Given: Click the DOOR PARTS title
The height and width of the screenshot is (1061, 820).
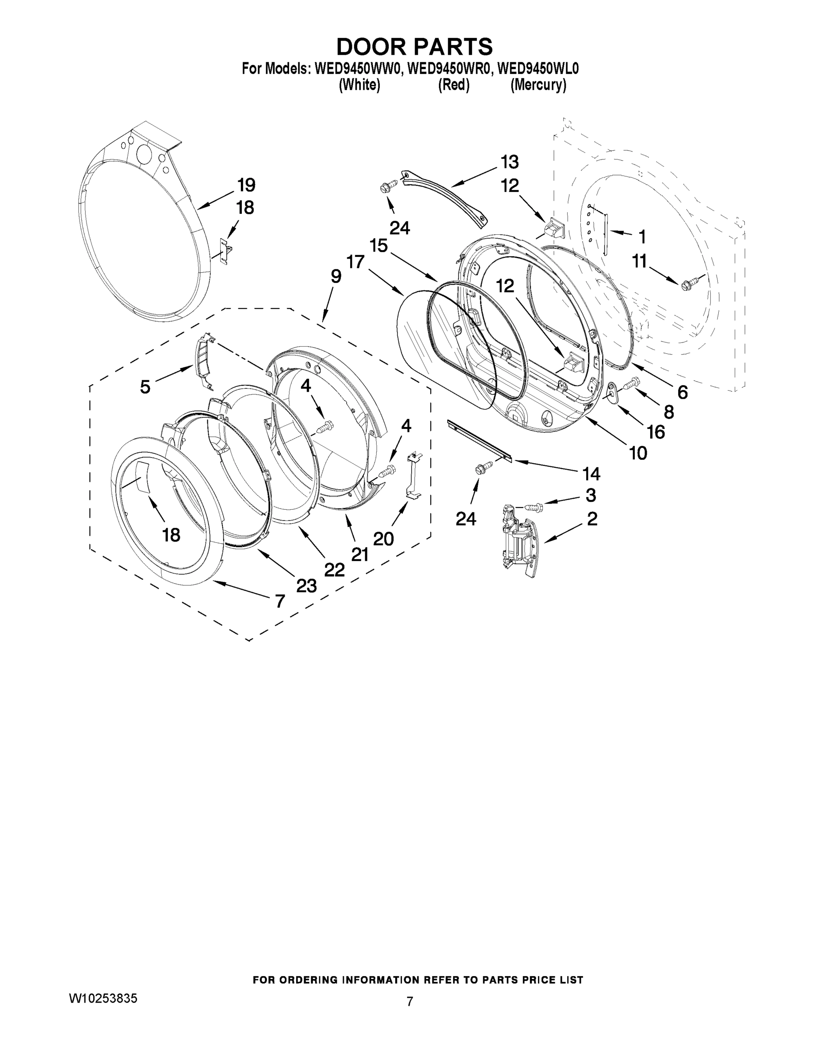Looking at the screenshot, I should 414,46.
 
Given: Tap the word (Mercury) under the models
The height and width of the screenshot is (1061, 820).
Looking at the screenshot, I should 538,85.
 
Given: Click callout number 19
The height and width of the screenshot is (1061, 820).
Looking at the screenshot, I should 246,185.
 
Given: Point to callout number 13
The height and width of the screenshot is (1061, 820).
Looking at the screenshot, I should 510,161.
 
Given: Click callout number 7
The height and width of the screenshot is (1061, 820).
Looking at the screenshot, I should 280,601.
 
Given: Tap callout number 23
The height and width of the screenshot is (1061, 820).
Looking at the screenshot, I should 306,586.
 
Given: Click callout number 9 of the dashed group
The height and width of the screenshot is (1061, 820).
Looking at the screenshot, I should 336,277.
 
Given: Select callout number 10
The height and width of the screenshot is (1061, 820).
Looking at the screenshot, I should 638,453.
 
